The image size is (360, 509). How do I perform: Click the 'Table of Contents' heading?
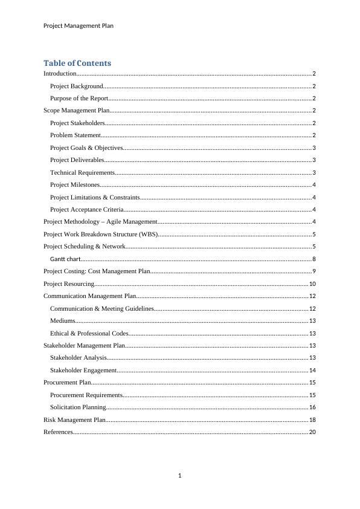click(x=77, y=63)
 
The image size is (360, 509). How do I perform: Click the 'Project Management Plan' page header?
click(x=79, y=25)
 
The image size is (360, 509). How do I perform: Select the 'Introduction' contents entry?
click(x=60, y=73)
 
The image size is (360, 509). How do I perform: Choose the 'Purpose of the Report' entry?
click(x=79, y=98)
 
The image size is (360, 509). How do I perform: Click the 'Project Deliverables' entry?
click(x=77, y=160)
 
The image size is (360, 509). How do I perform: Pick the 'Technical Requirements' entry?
click(x=80, y=172)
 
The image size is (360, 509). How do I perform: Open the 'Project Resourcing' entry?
click(x=69, y=284)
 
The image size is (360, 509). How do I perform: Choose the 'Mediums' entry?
click(x=63, y=320)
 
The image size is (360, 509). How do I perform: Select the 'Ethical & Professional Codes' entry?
click(x=89, y=333)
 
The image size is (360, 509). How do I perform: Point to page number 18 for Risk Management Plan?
click(x=312, y=420)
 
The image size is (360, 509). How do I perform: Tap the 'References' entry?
click(x=58, y=432)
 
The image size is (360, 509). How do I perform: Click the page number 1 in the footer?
click(x=180, y=475)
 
